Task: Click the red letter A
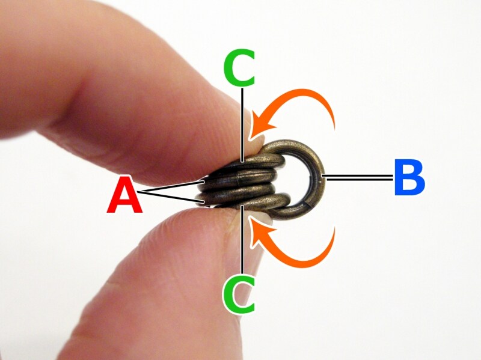(x=124, y=195)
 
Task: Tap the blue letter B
(x=409, y=177)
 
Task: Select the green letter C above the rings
(x=239, y=67)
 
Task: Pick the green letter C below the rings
(x=239, y=294)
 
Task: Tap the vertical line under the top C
(x=242, y=125)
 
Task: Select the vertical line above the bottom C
(x=243, y=239)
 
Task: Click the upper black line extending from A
(x=171, y=187)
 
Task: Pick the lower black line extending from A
(x=171, y=197)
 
